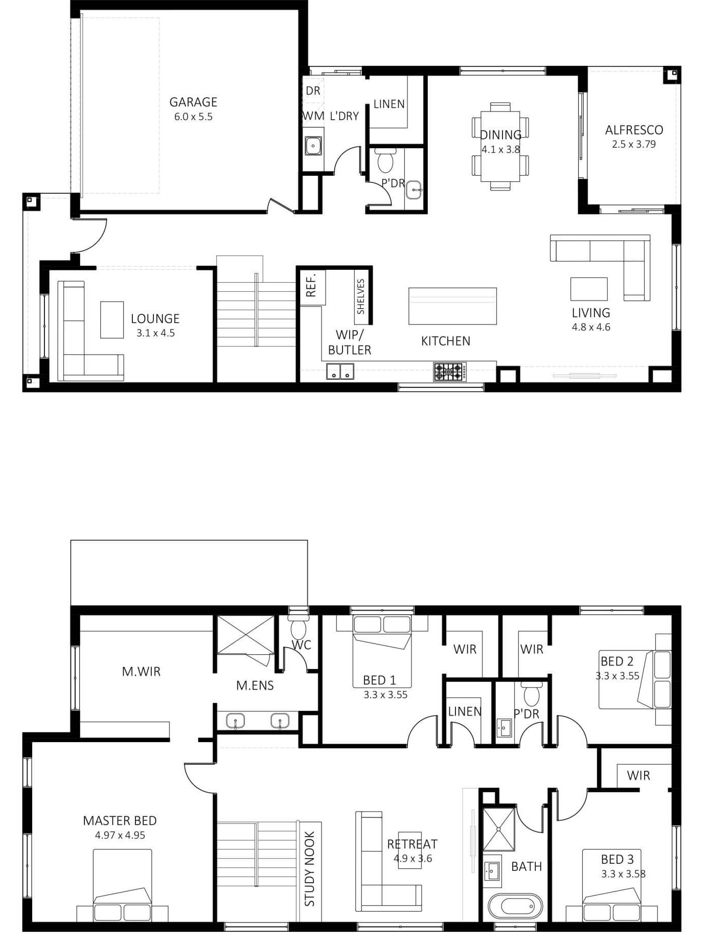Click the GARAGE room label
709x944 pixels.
coord(193,102)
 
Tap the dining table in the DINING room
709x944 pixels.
coord(500,146)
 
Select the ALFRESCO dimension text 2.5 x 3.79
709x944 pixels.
coord(634,145)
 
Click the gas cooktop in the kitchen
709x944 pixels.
coord(450,372)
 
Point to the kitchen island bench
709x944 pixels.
coord(452,306)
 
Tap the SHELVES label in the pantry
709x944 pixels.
coord(361,296)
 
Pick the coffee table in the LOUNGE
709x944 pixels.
coord(112,320)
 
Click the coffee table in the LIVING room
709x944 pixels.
coord(589,289)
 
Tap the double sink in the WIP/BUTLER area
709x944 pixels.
coord(340,371)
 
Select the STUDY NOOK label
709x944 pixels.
coord(310,869)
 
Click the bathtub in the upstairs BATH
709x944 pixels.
coord(515,906)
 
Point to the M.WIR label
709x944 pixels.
coord(141,672)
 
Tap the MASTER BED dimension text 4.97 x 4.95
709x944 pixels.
coord(120,836)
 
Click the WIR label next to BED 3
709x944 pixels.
coord(638,776)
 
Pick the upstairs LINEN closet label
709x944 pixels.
coord(465,711)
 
